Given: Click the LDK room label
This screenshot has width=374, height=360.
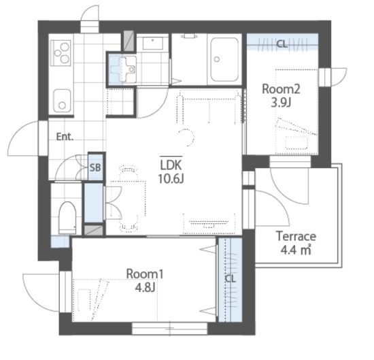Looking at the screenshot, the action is pyautogui.click(x=171, y=165).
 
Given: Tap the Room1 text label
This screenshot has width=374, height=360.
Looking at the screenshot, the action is pyautogui.click(x=145, y=274).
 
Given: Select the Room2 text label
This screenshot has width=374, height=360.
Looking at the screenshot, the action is pyautogui.click(x=282, y=89).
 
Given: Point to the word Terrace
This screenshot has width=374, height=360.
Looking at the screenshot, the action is pyautogui.click(x=296, y=236).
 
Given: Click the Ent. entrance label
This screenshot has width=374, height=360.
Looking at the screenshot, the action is pyautogui.click(x=65, y=137).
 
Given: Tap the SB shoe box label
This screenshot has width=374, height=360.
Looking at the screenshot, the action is pyautogui.click(x=95, y=167).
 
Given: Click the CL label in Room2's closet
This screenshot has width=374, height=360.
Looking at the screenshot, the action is pyautogui.click(x=282, y=44).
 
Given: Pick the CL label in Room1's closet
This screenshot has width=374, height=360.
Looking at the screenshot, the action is pyautogui.click(x=231, y=278).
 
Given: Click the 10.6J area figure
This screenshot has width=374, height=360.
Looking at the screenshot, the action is pyautogui.click(x=171, y=178).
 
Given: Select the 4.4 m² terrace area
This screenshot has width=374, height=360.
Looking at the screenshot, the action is pyautogui.click(x=296, y=250).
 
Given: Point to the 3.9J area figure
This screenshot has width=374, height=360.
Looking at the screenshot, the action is pyautogui.click(x=281, y=103).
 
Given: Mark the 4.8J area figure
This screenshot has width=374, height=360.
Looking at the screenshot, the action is pyautogui.click(x=145, y=287).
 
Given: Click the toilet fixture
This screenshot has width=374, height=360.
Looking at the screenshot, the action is pyautogui.click(x=67, y=218).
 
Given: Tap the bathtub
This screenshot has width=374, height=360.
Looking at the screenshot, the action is pyautogui.click(x=224, y=59).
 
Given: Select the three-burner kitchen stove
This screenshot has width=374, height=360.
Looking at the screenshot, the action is pyautogui.click(x=61, y=53).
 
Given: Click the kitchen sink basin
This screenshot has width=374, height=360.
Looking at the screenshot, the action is pyautogui.click(x=62, y=101).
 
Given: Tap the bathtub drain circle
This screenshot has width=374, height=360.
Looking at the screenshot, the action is pyautogui.click(x=217, y=59).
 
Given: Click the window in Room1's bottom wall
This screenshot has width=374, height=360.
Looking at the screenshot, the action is pyautogui.click(x=170, y=328).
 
